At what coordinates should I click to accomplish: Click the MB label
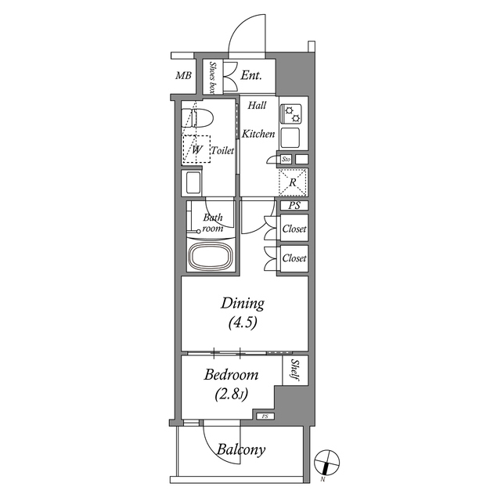pos(183,76)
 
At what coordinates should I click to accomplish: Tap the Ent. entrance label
pos(251,75)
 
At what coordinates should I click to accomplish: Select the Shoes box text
pos(212,77)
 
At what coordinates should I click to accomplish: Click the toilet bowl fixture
pos(197,118)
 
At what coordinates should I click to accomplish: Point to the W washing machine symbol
pos(196,150)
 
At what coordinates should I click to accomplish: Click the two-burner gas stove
pos(290,114)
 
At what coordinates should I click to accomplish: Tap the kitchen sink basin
pos(290,138)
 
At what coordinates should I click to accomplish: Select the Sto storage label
pos(286,159)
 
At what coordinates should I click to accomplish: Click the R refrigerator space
pos(293,182)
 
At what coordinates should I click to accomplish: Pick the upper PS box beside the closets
pos(294,205)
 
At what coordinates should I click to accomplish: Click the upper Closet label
pos(294,229)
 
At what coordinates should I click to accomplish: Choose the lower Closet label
pos(294,258)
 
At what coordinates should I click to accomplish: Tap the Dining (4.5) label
pos(243,313)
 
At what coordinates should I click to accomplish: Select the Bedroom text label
pos(231,374)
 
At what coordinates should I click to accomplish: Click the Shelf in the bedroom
pos(295,370)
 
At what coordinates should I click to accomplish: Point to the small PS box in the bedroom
pos(265,416)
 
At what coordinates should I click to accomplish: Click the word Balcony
pos(241,449)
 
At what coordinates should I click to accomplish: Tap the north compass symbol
pos(326,463)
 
